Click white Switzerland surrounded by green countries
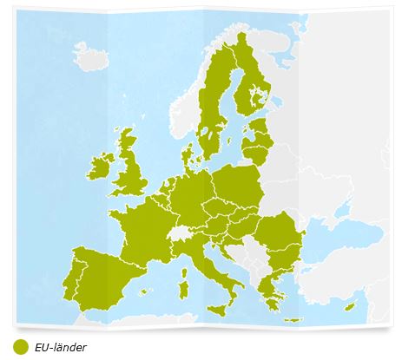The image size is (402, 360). pyautogui.click(x=180, y=233)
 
